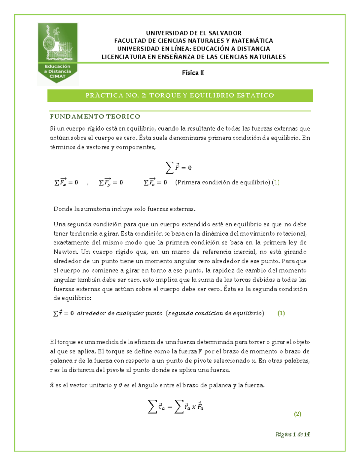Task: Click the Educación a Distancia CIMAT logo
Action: [x=57, y=54]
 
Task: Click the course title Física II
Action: [x=193, y=73]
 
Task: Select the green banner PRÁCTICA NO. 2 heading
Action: [x=180, y=95]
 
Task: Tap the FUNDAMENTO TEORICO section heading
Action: [x=95, y=116]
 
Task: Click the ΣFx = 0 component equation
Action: [x=66, y=182]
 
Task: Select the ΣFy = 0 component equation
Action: [x=111, y=182]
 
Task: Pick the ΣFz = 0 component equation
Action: [x=155, y=182]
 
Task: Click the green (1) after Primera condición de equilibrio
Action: [x=276, y=182]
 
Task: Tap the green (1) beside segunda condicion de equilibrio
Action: [x=281, y=313]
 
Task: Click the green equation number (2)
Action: [x=297, y=414]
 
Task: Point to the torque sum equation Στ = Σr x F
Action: [x=176, y=407]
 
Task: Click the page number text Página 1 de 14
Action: [x=292, y=434]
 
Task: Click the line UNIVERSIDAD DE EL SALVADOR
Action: [x=193, y=33]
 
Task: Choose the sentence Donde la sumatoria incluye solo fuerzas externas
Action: [x=124, y=209]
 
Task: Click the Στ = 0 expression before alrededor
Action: [x=64, y=313]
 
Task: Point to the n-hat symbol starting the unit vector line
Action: [x=52, y=385]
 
